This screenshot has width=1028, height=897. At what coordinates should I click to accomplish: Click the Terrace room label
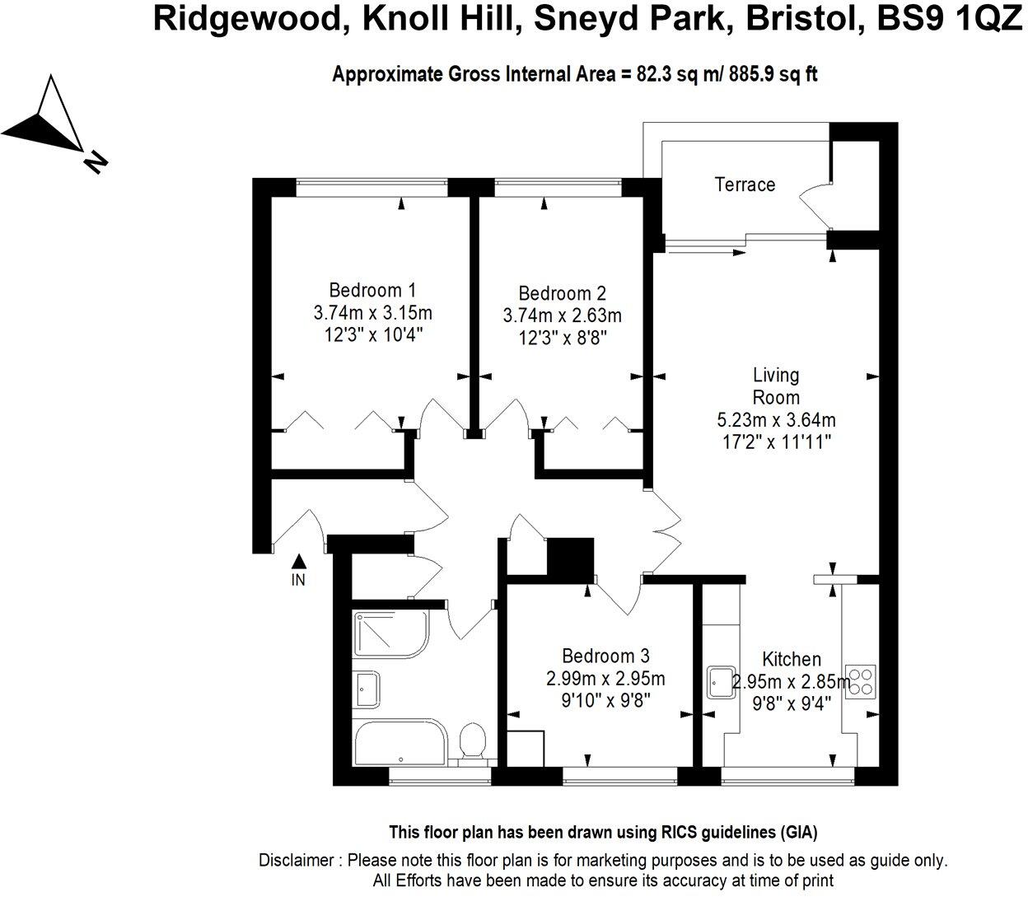745,185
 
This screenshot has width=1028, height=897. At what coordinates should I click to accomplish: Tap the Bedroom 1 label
372,290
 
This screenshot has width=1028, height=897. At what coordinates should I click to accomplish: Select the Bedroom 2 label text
562,293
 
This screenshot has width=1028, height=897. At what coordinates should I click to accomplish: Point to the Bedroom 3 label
605,656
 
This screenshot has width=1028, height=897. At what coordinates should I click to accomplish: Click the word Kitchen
791,659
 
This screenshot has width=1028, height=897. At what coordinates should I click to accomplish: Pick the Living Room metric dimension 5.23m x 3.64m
776,420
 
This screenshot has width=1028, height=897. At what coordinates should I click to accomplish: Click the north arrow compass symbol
49,119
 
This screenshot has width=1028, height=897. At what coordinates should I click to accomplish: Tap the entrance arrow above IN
299,561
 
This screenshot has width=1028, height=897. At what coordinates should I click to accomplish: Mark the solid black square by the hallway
570,558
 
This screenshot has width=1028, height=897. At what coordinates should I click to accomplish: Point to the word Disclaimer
297,860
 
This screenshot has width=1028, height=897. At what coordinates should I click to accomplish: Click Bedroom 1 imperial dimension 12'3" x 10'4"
372,334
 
